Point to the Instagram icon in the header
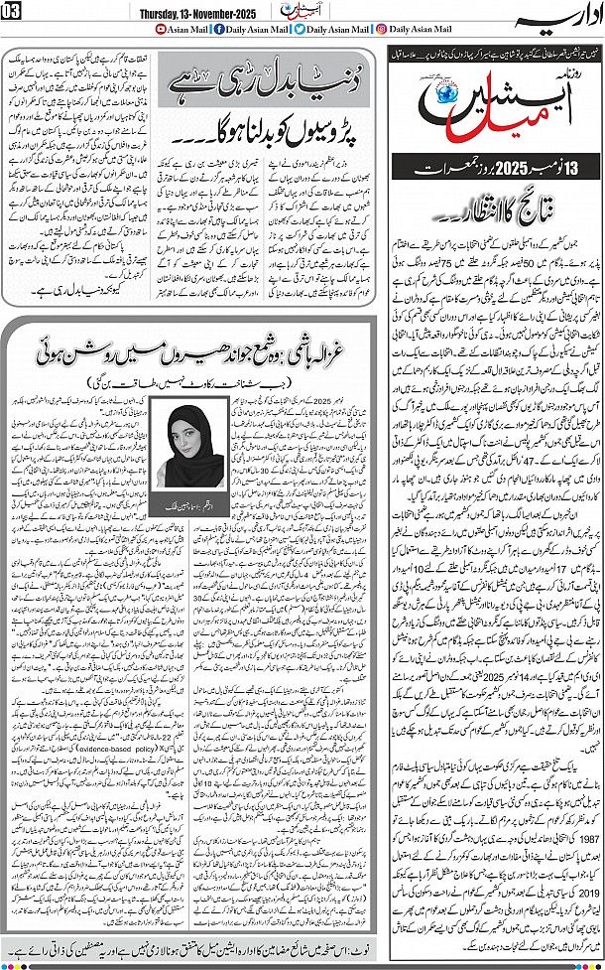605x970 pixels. pyautogui.click(x=382, y=30)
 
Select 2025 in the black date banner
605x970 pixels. pyautogui.click(x=490, y=165)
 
